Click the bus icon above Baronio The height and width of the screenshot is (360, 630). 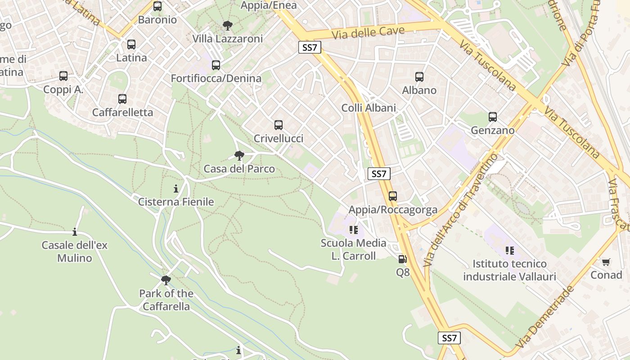click(x=157, y=6)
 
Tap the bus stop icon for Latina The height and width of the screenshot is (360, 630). click(x=131, y=45)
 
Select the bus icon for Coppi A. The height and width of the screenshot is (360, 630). click(x=63, y=76)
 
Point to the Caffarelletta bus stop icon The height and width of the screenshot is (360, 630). click(x=122, y=99)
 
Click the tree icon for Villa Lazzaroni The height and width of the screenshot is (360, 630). click(x=228, y=26)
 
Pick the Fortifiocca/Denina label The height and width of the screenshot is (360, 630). click(x=216, y=78)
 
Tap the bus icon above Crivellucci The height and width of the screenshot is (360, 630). click(x=279, y=125)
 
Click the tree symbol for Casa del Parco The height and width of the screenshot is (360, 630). click(x=239, y=156)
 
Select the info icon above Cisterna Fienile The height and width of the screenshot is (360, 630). click(x=176, y=189)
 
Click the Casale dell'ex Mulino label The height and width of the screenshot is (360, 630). click(x=75, y=252)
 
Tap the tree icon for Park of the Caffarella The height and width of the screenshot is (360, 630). click(x=166, y=280)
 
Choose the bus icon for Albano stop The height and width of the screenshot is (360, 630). click(x=419, y=77)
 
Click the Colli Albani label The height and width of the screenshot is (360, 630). click(x=369, y=108)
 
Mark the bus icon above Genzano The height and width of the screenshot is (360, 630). click(x=493, y=117)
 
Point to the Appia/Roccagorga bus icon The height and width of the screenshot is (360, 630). click(x=393, y=196)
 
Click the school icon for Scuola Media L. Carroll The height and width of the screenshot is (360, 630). click(x=354, y=230)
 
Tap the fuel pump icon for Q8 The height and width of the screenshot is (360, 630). click(x=402, y=259)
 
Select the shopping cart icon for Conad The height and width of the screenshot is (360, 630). click(x=606, y=261)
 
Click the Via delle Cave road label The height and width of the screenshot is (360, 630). click(x=368, y=33)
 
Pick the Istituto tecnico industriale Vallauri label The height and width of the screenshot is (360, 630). click(x=510, y=270)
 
